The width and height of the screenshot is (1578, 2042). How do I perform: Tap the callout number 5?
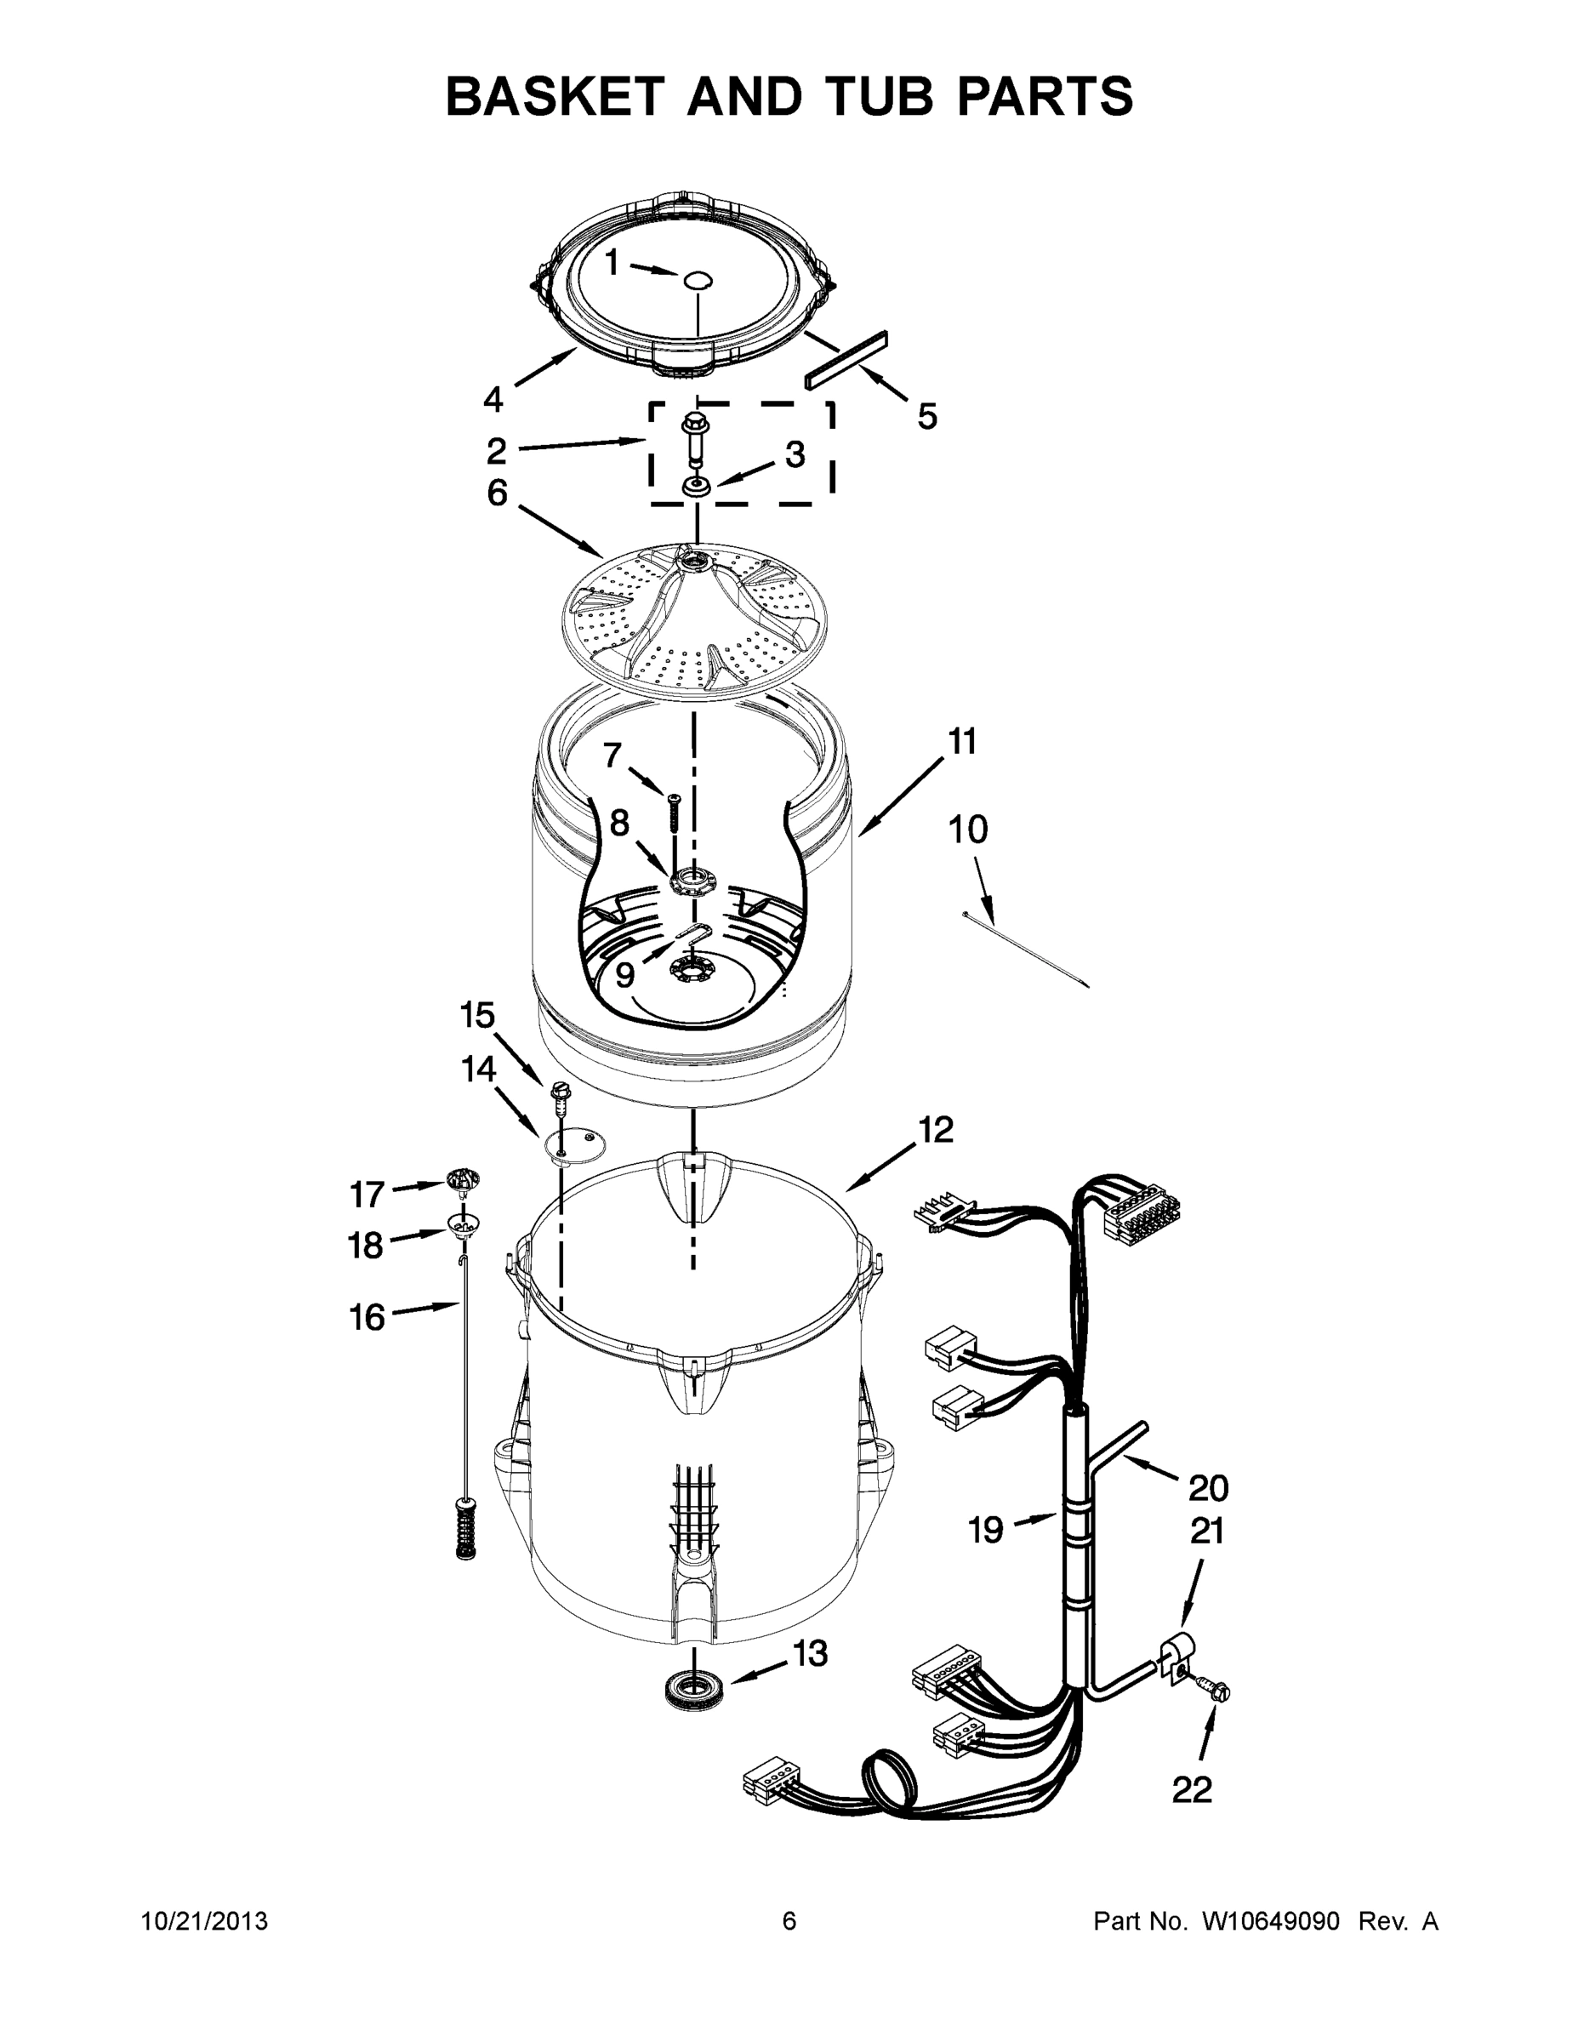pyautogui.click(x=926, y=416)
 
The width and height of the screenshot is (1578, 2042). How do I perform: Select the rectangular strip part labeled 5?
pyautogui.click(x=846, y=359)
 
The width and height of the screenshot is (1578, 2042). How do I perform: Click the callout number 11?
pyautogui.click(x=962, y=741)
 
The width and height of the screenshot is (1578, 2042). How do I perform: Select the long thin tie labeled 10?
pyautogui.click(x=1027, y=949)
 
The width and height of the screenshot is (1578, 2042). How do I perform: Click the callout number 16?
pyautogui.click(x=367, y=1317)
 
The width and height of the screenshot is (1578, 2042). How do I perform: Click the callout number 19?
pyautogui.click(x=985, y=1531)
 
